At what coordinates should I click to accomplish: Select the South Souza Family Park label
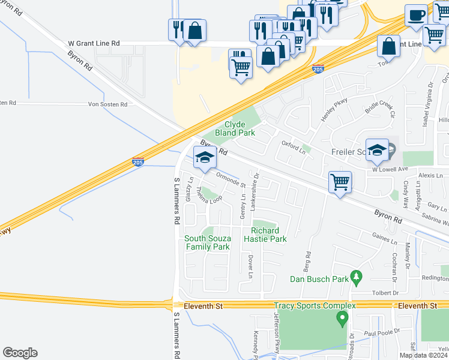[x=207, y=242]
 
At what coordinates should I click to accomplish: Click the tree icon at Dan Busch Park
[x=357, y=277]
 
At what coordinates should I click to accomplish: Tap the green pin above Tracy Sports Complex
[x=343, y=316]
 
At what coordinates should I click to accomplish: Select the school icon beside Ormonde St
[x=205, y=158]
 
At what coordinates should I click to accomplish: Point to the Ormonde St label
[x=231, y=180]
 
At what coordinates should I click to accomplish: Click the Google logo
[x=20, y=353]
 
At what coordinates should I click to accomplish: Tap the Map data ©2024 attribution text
[x=423, y=355]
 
